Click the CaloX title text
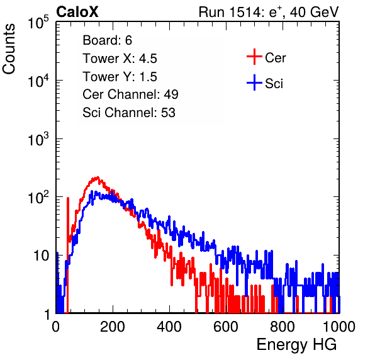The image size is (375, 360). coord(77,12)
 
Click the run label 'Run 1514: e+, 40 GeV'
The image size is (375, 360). coord(269,12)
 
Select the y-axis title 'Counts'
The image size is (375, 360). coord(9,48)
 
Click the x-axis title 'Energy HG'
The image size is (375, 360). coord(296,345)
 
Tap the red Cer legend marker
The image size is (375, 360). coord(254,57)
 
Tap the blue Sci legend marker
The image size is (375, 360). coord(254,82)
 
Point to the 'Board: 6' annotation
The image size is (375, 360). coord(107,40)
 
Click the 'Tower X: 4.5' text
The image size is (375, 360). coord(120,59)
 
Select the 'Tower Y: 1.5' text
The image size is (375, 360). coord(120,77)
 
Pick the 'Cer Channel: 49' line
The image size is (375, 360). coord(130,94)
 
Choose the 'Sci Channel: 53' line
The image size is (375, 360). coord(129,113)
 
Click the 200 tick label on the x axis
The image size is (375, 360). coord(113,327)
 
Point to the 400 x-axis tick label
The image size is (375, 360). coord(169,327)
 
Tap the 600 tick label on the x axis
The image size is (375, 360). coord(226,327)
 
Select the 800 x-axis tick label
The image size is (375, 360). coord(283,327)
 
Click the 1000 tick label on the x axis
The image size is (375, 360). coord(339,327)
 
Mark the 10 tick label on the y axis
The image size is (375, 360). coord(42,256)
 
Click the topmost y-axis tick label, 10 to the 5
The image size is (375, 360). coord(38,22)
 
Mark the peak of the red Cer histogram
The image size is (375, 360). coord(98,177)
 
